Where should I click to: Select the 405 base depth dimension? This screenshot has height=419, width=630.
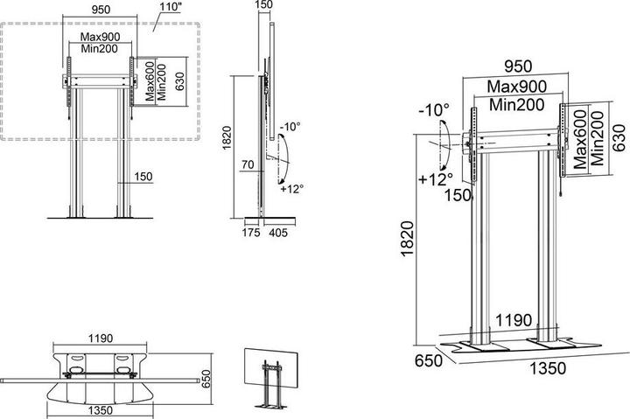[278, 233]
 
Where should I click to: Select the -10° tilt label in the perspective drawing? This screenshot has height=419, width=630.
[434, 111]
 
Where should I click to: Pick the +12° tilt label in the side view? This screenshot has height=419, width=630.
[291, 187]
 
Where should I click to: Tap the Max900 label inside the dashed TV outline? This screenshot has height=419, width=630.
[101, 38]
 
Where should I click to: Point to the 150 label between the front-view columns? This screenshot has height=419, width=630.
[143, 177]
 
